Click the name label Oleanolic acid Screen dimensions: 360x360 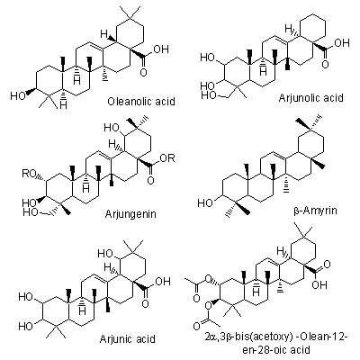(141, 102)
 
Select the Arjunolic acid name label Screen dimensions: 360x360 (311, 98)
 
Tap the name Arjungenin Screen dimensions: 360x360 (130, 214)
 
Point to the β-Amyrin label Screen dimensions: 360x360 (315, 211)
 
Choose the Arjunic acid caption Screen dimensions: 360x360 (128, 339)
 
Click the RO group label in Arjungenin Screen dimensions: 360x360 (30, 174)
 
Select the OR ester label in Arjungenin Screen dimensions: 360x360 (167, 158)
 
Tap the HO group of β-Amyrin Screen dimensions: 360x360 (205, 203)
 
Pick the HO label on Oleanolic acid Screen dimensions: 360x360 (18, 96)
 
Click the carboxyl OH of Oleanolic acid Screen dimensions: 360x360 (161, 49)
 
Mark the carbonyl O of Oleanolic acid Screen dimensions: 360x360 (144, 73)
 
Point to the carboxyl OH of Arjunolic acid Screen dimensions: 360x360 (342, 43)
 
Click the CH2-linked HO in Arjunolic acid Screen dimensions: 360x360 (208, 95)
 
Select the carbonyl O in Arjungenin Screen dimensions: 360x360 (150, 181)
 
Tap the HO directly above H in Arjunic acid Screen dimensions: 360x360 (105, 254)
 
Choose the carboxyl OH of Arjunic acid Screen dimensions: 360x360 (163, 282)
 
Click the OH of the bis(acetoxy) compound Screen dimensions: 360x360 (319, 284)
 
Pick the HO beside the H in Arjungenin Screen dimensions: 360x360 (112, 128)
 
